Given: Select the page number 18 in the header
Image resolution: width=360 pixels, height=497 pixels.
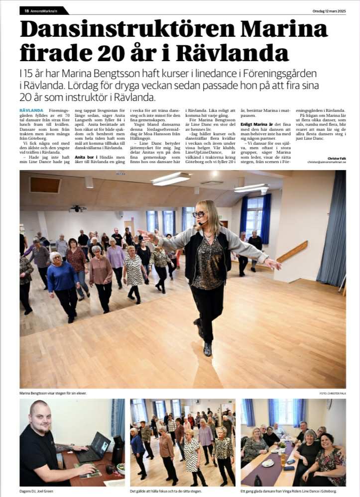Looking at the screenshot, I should (26, 10).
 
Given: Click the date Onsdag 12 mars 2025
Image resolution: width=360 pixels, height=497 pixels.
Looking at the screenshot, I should (329, 10).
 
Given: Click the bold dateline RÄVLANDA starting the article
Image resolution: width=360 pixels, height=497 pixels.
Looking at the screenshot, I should (30, 110).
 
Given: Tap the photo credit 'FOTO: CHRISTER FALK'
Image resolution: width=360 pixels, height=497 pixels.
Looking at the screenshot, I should (333, 394).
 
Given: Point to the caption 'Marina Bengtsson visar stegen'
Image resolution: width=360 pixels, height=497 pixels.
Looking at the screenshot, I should (53, 394).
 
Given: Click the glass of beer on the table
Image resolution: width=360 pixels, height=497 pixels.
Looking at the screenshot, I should (283, 459).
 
